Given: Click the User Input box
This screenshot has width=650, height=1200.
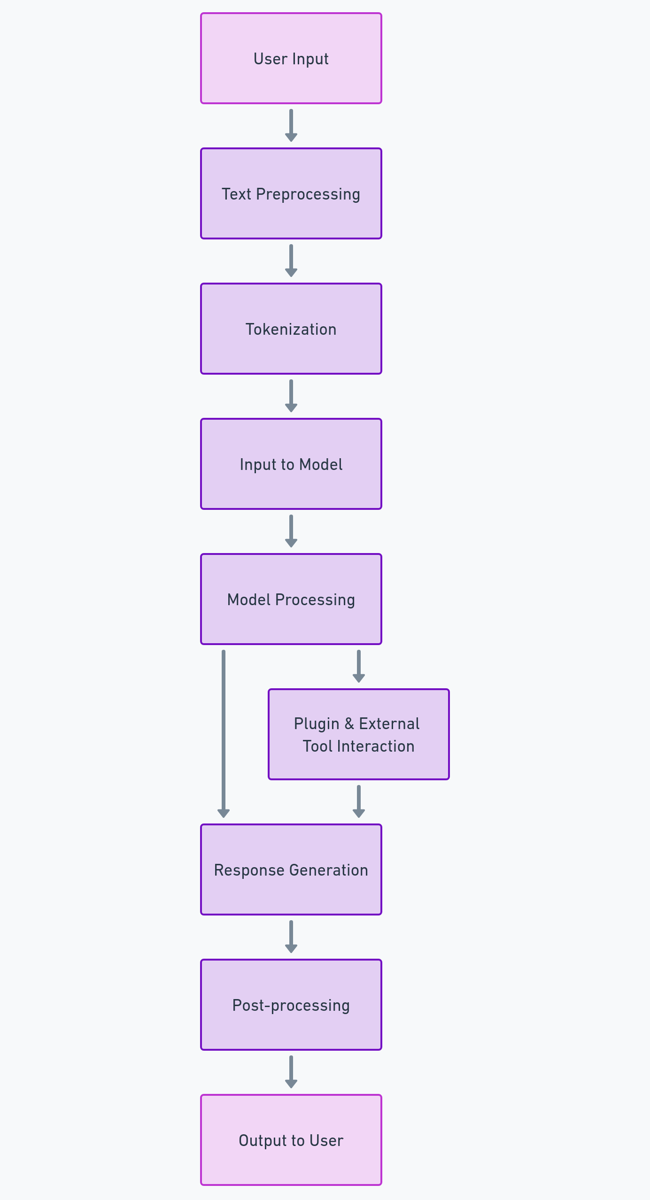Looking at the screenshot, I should (291, 59).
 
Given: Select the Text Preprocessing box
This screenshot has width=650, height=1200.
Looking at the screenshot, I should (291, 194).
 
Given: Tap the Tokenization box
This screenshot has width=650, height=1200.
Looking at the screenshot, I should (291, 329).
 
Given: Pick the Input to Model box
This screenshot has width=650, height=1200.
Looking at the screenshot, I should (291, 464).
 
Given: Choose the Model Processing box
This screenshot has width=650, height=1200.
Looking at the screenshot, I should (291, 600).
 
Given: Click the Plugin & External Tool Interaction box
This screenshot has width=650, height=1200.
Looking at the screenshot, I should (358, 735).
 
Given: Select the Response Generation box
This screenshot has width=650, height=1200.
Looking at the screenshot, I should (291, 870).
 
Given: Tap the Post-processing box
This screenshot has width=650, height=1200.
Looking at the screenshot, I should (291, 1005).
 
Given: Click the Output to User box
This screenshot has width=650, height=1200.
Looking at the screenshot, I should (291, 1140).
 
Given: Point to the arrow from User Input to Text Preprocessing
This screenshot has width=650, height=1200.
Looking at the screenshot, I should (291, 125).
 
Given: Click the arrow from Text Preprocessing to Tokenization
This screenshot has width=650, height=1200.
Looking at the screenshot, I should (291, 260).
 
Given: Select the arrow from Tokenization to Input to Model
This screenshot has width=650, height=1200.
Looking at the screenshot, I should (291, 395).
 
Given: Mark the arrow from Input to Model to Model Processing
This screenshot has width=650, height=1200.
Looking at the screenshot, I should (291, 531).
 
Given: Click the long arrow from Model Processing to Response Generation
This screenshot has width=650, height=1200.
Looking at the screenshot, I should (224, 732).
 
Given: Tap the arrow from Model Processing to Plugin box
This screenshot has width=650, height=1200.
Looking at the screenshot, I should (359, 666).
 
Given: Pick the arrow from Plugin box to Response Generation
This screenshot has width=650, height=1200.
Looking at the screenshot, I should (359, 801).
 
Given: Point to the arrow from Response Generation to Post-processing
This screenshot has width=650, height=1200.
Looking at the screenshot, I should (291, 936).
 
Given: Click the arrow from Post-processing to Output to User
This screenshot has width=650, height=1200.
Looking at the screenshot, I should (291, 1071).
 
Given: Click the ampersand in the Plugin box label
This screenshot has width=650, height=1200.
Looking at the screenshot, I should (349, 723).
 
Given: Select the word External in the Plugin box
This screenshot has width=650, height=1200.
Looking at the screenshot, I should (389, 723).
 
